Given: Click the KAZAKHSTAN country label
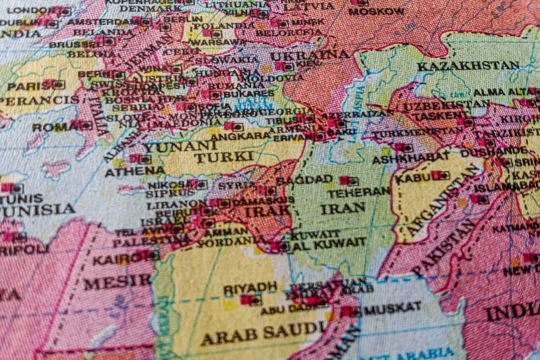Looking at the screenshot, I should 468,66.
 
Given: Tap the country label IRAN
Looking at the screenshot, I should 343,209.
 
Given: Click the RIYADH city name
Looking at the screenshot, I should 250,288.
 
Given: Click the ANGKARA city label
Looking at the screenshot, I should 205,132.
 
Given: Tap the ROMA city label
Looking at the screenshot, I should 51,126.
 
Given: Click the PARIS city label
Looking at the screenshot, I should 24,86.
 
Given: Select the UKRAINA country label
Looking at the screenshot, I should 310,55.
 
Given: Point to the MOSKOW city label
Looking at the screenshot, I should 377,11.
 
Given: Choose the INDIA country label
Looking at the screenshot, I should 512,313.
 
